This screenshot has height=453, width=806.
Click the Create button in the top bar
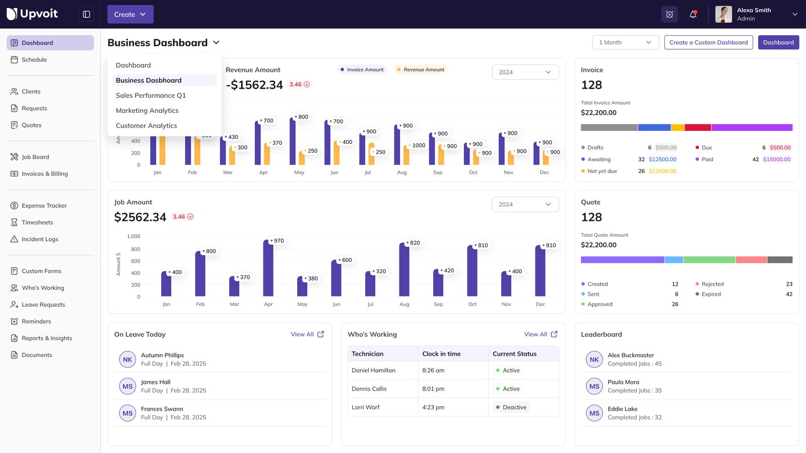point(130,15)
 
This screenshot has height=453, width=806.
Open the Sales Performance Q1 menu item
point(151,96)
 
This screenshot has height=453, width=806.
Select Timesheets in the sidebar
point(37,222)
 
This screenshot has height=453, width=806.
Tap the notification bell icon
point(693,15)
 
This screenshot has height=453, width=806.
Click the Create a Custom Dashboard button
point(708,43)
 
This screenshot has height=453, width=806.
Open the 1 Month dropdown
point(625,43)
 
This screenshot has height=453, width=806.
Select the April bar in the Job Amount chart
point(268,269)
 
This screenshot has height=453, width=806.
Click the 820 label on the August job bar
point(415,243)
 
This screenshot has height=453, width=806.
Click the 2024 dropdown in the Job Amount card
point(525,205)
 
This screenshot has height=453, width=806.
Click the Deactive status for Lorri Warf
point(514,408)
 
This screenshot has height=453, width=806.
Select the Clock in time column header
point(441,354)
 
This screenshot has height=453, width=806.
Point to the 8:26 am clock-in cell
point(433,370)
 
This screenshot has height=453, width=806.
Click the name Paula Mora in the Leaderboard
point(623,383)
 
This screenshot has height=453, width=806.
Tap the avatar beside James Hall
point(127,387)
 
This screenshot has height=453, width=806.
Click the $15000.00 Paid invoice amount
point(776,160)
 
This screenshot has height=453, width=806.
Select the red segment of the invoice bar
point(697,128)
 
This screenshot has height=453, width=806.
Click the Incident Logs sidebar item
point(40,240)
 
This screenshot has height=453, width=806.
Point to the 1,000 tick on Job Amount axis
point(133,237)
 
